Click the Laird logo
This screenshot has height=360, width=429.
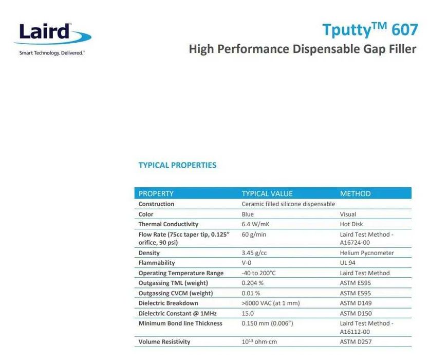tap(52, 34)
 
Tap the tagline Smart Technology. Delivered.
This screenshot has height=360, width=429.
tap(52, 53)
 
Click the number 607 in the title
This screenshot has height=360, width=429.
tap(405, 30)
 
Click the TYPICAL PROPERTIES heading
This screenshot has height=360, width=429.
tap(177, 165)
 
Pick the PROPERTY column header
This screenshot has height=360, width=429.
tap(156, 194)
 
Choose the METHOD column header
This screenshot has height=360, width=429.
tap(355, 194)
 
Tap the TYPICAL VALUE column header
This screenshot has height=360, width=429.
tap(267, 194)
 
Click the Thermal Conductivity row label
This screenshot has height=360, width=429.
tap(169, 224)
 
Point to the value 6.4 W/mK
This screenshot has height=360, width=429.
tap(255, 224)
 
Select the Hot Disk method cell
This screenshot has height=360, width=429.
tap(351, 224)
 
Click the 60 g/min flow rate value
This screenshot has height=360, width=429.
tap(254, 235)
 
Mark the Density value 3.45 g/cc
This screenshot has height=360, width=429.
tap(254, 253)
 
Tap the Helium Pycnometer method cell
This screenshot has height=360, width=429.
tap(367, 253)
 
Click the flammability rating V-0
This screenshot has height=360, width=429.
tap(247, 263)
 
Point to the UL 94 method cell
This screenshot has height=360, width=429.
tap(347, 263)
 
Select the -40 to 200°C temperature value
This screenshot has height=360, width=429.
tap(258, 273)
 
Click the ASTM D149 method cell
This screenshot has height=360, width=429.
tap(356, 303)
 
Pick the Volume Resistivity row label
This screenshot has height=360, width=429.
tap(164, 341)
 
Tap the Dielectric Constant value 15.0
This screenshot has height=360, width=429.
tap(248, 313)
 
